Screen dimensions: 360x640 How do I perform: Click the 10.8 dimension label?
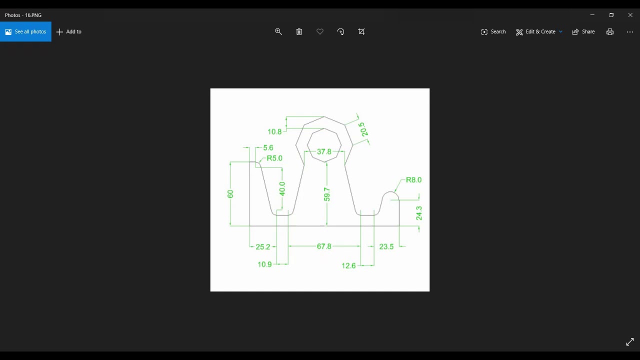coord(274,132)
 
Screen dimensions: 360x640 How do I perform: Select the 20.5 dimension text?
coord(363,129)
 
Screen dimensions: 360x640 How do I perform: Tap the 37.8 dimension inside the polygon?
coord(324,151)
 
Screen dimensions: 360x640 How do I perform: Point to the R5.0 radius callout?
coord(274,158)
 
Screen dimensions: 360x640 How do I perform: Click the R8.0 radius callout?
coord(413,180)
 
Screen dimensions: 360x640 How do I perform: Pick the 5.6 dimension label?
coord(268,148)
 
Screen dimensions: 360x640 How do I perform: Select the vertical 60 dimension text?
coord(230,193)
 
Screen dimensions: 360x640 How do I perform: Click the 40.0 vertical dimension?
coord(282,189)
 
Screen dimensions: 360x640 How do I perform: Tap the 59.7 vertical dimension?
coord(326,194)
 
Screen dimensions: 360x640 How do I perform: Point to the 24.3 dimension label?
coord(419,213)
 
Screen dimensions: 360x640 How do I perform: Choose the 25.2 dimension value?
coord(262,247)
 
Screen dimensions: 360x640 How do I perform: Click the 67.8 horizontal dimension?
coord(324,246)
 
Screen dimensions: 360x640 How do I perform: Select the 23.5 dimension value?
coord(386,247)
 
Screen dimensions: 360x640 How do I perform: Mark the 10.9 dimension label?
coord(264,264)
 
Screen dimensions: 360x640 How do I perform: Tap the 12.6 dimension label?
coord(348,266)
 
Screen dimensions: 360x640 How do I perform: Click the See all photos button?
coord(25,31)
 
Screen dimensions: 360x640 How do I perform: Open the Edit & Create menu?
coord(539,31)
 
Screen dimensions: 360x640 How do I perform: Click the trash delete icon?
coord(299,31)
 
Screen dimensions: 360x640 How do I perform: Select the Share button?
coord(583,31)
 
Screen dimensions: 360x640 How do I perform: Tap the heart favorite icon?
coord(320,31)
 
